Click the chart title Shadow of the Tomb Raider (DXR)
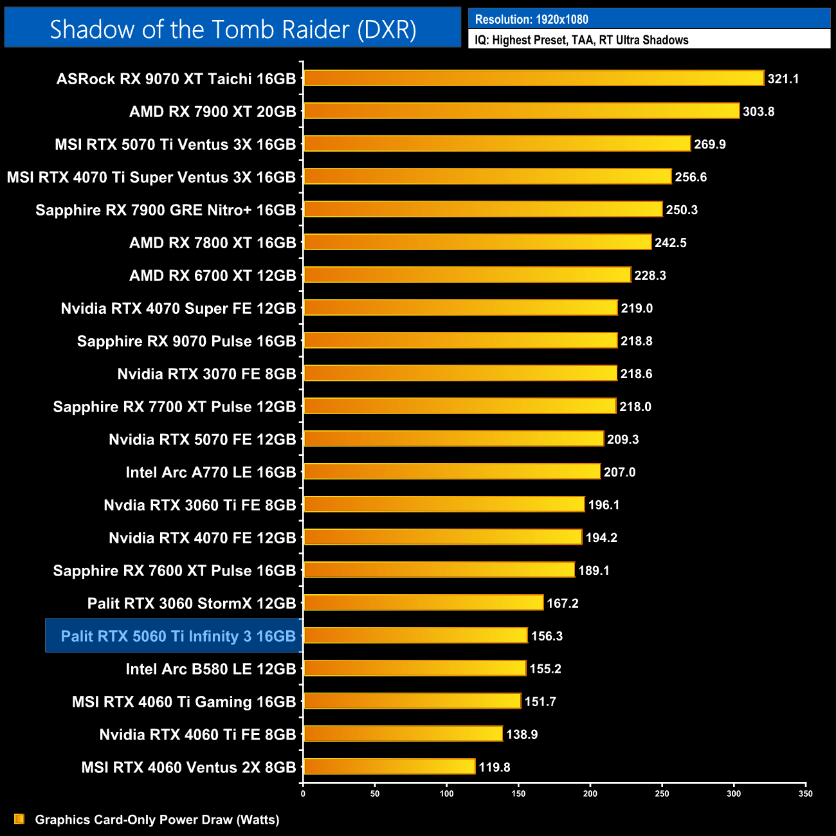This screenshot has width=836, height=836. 233,29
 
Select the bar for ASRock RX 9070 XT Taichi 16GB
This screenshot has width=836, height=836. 534,78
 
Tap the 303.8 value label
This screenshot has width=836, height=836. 758,112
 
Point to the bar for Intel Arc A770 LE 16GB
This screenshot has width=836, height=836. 451,472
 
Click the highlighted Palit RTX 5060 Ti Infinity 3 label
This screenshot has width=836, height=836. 178,636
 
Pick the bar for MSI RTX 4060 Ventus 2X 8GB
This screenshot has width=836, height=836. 389,767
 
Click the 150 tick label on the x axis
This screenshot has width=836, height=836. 518,794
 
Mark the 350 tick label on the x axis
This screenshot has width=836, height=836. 805,794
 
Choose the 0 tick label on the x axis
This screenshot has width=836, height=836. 303,794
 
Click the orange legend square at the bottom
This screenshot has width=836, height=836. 19,819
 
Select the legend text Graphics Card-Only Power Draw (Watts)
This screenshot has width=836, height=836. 157,819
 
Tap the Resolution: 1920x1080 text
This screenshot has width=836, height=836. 531,19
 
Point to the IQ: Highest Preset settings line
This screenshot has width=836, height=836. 581,40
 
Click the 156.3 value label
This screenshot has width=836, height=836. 547,636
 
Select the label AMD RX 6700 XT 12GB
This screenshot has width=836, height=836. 212,275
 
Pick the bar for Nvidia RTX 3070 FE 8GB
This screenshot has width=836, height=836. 460,374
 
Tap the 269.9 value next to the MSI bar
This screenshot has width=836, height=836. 709,145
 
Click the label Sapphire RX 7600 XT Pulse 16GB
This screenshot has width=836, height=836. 174,570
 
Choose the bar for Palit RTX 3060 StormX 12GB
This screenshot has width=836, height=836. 423,603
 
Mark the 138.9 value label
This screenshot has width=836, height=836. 522,734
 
